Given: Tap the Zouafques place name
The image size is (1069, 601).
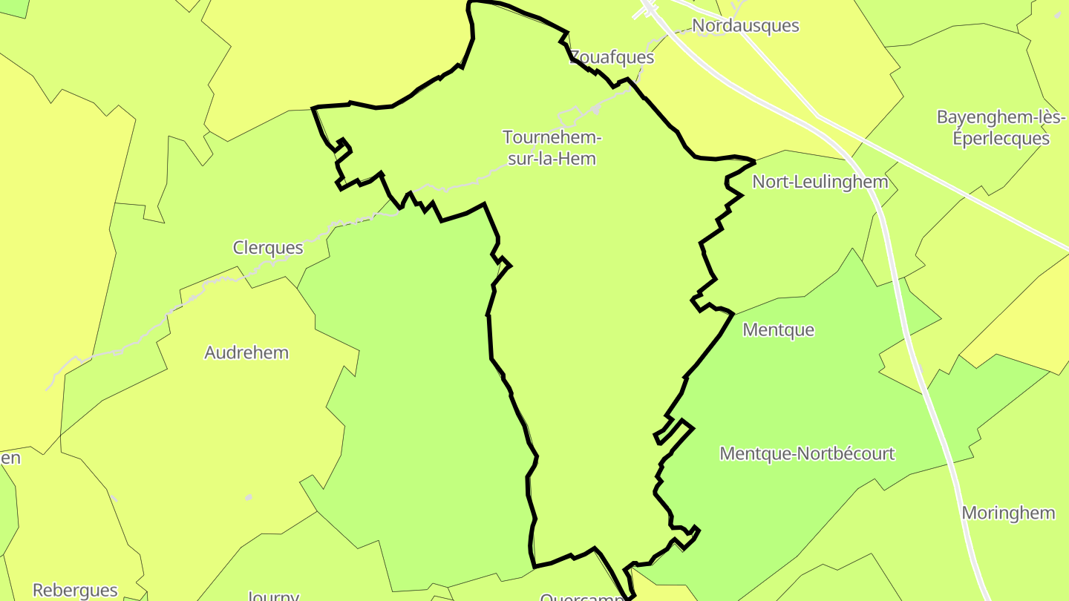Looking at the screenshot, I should (601, 57).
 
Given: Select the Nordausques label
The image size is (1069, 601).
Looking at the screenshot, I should (745, 26).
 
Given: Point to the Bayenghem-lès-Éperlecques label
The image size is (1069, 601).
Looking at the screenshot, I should (1001, 128).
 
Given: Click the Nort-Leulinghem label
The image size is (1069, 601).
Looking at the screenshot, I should (820, 182).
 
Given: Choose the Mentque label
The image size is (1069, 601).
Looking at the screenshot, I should (778, 329).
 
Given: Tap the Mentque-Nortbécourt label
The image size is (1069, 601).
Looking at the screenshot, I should (807, 453).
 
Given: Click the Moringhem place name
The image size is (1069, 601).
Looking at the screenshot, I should (1008, 513).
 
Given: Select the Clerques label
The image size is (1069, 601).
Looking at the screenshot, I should (268, 248).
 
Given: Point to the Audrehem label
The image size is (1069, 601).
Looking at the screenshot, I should (246, 352).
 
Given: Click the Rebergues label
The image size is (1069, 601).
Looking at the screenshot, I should (75, 591).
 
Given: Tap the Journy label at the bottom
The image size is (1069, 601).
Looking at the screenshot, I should (272, 595).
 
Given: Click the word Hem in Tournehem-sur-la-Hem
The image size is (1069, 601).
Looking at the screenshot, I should (578, 158).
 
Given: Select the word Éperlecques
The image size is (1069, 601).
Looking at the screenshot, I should (1002, 139).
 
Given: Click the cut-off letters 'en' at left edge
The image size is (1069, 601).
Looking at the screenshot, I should (10, 457).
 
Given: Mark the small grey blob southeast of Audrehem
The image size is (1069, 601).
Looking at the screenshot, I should (248, 497).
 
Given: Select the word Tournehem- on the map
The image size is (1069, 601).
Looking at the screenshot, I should (552, 137).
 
